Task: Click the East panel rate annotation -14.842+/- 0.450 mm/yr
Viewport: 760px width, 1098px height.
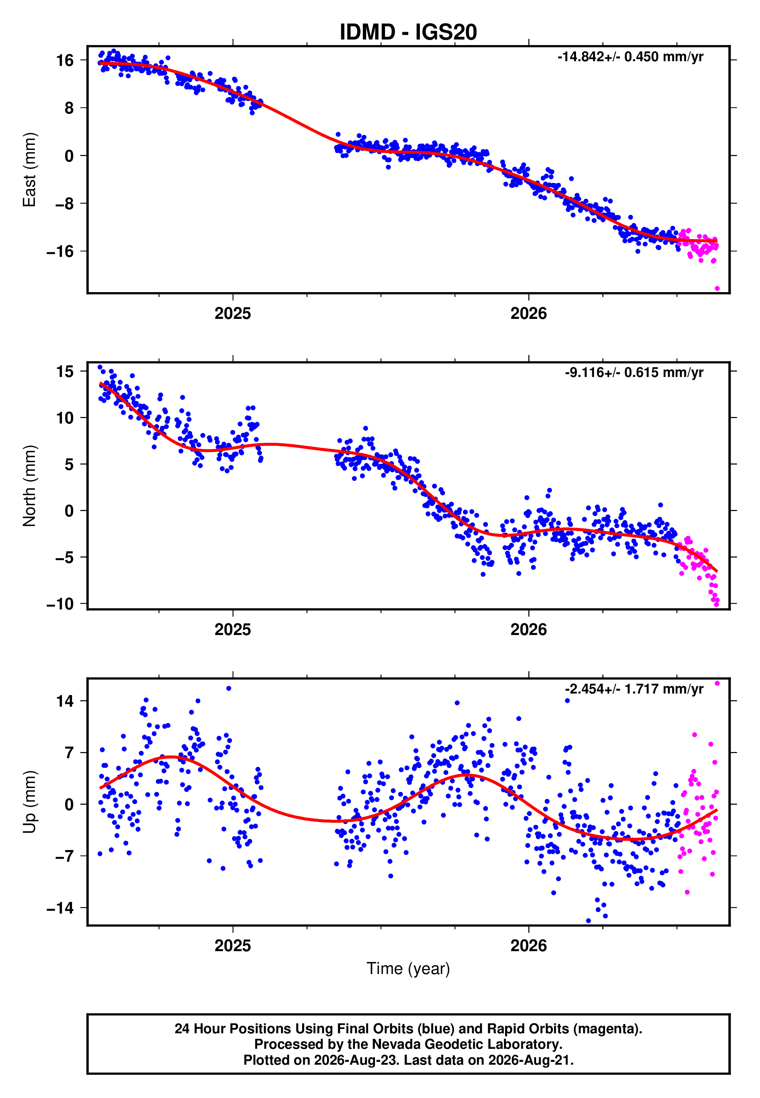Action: [x=631, y=57]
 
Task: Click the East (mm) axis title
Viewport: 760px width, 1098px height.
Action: [x=29, y=170]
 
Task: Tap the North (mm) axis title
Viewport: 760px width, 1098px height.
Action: [x=29, y=486]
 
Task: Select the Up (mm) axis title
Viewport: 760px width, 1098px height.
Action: [x=29, y=802]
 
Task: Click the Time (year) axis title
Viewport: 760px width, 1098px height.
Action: [x=408, y=969]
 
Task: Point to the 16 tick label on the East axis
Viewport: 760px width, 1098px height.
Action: [x=65, y=60]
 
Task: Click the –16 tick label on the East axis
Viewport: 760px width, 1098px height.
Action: [x=60, y=251]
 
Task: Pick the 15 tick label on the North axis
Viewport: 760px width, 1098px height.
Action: [x=65, y=372]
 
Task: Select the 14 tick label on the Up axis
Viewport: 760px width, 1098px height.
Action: [x=65, y=701]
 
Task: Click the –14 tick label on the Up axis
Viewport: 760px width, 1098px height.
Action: [x=60, y=908]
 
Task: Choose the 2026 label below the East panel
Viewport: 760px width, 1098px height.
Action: [x=529, y=314]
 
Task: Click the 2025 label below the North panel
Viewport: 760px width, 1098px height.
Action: [x=232, y=630]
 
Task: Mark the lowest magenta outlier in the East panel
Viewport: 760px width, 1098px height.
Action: [x=717, y=289]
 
